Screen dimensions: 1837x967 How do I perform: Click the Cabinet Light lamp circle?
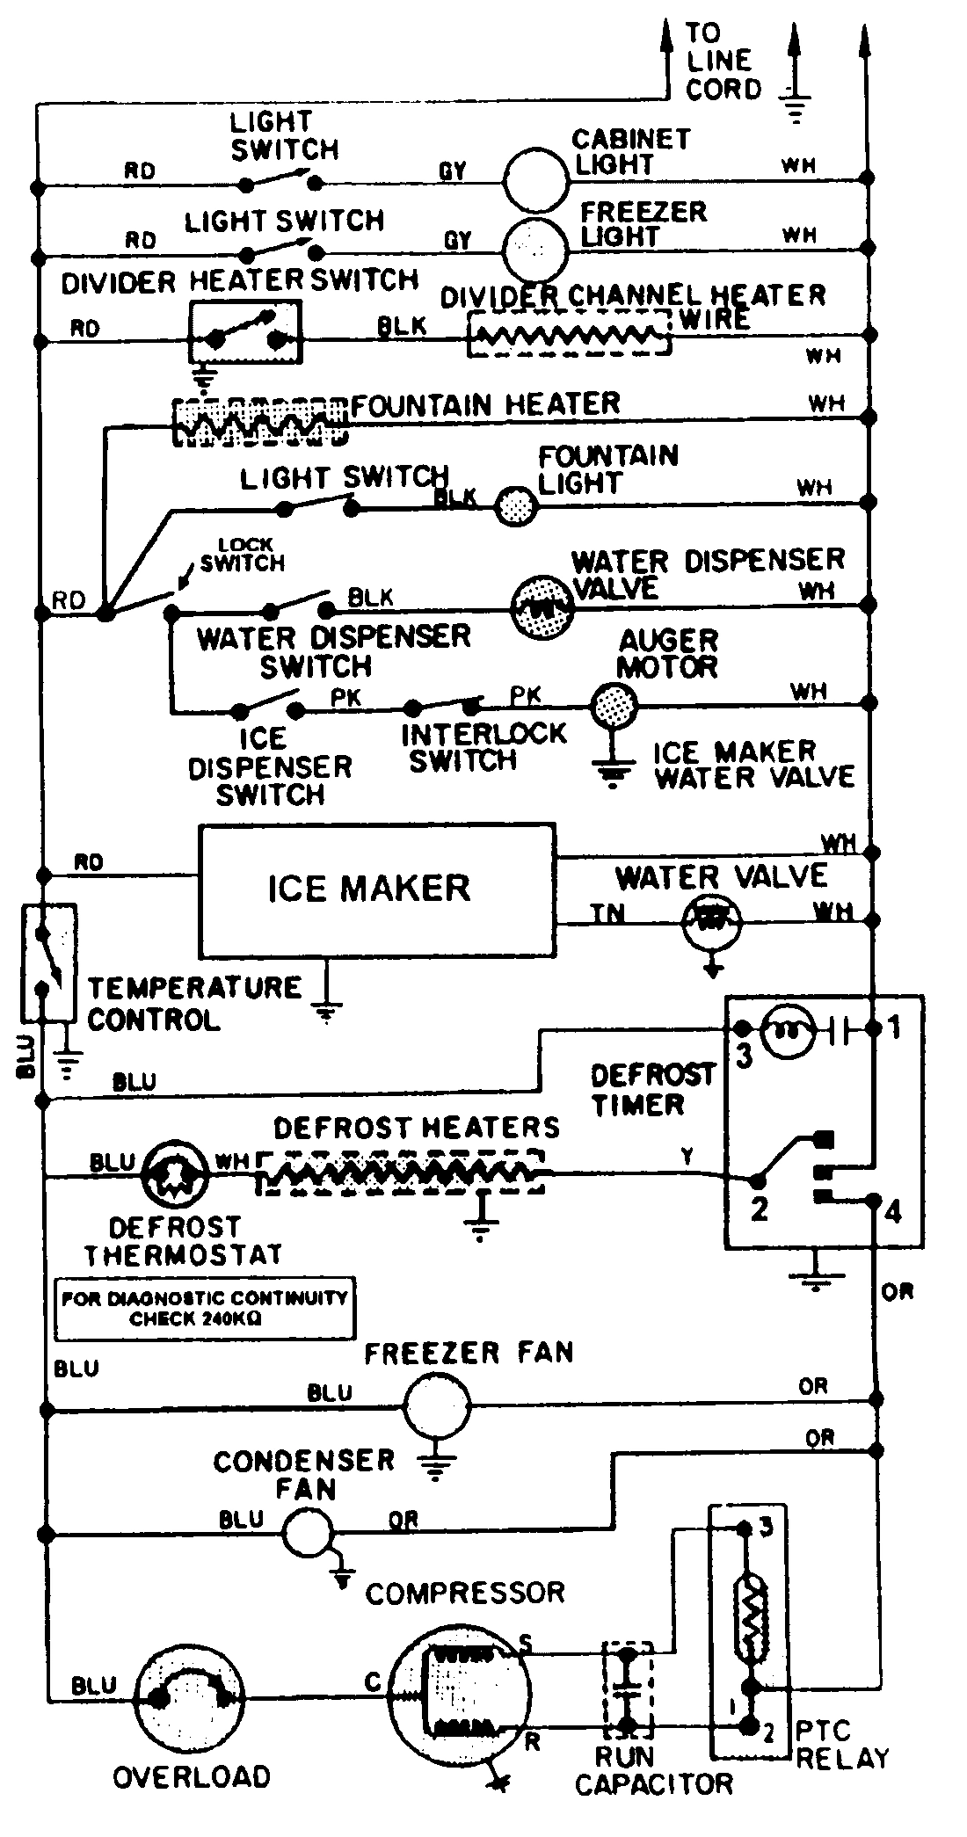pyautogui.click(x=535, y=179)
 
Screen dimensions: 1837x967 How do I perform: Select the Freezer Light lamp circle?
pyautogui.click(x=535, y=249)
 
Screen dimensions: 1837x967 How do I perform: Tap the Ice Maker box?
pyautogui.click(x=377, y=889)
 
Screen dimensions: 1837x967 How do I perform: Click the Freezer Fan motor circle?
pyautogui.click(x=437, y=1407)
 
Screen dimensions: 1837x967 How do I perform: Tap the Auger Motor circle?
pyautogui.click(x=613, y=703)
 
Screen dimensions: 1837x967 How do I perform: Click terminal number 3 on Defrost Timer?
pyautogui.click(x=745, y=1055)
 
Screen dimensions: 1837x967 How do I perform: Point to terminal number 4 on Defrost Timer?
pyautogui.click(x=893, y=1212)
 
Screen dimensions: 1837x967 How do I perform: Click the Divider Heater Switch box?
pyautogui.click(x=245, y=330)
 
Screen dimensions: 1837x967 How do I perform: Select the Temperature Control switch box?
pyautogui.click(x=48, y=962)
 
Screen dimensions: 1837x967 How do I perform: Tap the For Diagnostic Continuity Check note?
pyautogui.click(x=205, y=1308)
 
